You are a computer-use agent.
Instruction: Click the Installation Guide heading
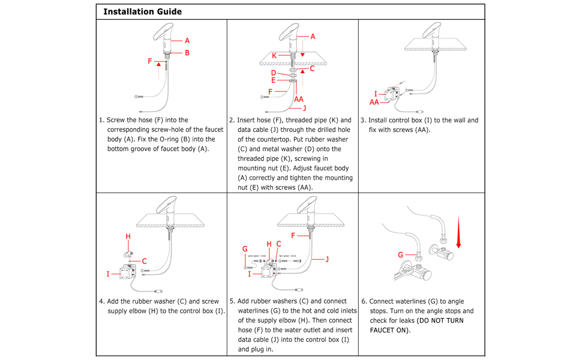click(142, 11)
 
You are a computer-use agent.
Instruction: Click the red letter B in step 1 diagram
click(187, 53)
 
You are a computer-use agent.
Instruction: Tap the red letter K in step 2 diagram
click(274, 55)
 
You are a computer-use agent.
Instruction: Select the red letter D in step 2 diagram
click(273, 73)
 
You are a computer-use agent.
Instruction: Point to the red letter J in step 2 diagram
click(304, 108)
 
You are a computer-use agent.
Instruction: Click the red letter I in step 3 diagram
click(376, 94)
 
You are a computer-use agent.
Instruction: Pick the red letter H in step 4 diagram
click(128, 237)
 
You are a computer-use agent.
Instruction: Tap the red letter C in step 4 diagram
click(145, 261)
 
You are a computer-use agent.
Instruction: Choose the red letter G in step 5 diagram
click(245, 248)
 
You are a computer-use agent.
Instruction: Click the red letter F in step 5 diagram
click(293, 236)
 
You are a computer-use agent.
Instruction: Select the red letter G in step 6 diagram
click(401, 255)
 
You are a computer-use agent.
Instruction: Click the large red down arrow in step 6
click(459, 234)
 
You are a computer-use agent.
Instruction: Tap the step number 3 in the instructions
click(363, 120)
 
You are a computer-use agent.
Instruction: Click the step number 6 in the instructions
click(364, 301)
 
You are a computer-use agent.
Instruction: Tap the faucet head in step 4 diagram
click(166, 206)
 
